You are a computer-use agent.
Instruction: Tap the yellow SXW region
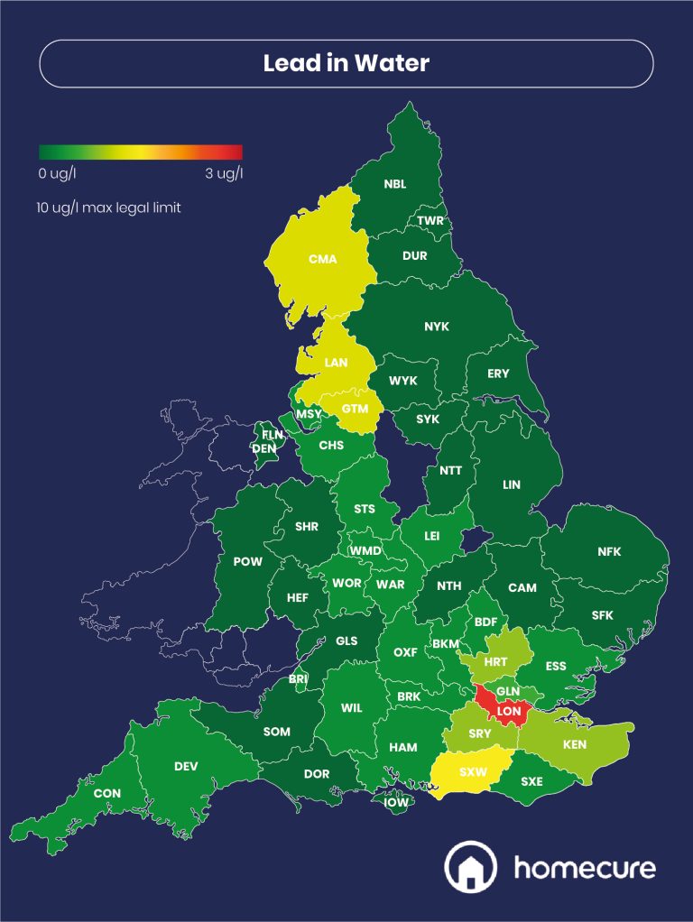[472, 772]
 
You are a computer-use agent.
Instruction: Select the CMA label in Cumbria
[322, 259]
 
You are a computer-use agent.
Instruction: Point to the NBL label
[394, 184]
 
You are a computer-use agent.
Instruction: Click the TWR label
[430, 221]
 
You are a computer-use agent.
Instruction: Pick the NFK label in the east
[609, 552]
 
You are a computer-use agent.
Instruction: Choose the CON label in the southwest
[106, 794]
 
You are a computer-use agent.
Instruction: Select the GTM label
[355, 409]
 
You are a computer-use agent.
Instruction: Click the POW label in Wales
[247, 561]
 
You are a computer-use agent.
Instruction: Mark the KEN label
[574, 745]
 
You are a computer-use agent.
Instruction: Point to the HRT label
[495, 661]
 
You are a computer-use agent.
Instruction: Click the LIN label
[512, 484]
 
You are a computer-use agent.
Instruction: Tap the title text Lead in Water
[346, 63]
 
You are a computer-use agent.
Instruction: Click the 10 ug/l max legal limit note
[109, 207]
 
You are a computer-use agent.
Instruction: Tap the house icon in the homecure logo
[469, 867]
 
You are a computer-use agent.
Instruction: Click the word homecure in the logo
[584, 868]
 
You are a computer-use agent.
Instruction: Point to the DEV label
[186, 766]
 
